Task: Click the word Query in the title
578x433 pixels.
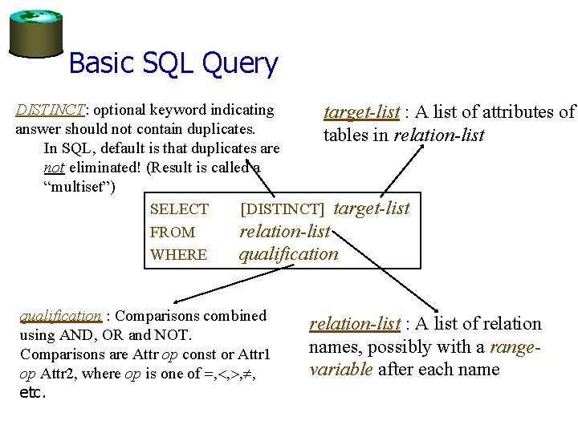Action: click(x=241, y=63)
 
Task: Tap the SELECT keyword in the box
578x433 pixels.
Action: click(x=179, y=209)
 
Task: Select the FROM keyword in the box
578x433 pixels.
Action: click(x=173, y=233)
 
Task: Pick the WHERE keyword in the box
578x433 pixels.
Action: click(x=178, y=255)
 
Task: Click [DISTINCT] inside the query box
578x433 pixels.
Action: click(x=282, y=209)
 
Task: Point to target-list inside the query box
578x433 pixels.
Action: click(x=371, y=208)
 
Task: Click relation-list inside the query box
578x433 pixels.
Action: click(x=285, y=232)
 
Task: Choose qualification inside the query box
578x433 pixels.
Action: click(x=289, y=254)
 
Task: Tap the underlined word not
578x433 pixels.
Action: click(x=54, y=168)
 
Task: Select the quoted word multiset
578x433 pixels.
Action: click(x=80, y=187)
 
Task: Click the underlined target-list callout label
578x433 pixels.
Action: click(x=361, y=112)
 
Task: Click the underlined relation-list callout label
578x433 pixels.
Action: click(x=355, y=324)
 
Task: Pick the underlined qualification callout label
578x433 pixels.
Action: click(x=60, y=316)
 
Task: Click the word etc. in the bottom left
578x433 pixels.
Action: click(x=33, y=393)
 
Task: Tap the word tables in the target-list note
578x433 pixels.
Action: click(x=346, y=135)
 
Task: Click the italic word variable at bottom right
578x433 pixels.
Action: click(x=341, y=370)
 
